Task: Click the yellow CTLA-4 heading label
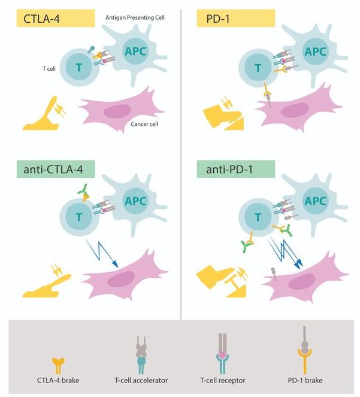coord(56,18)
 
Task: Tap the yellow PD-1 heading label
coord(236,18)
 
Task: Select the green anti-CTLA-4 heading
coord(56,169)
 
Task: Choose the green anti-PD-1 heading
coord(236,169)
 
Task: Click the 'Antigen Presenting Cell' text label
coord(135,18)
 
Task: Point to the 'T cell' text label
coord(49,68)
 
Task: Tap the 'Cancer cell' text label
coord(144,124)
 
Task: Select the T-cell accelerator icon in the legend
coord(141,355)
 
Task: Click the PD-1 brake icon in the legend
coord(305,350)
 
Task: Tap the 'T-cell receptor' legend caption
coord(223,380)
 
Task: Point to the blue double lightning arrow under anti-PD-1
coord(286,253)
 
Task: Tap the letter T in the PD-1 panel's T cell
coord(258,68)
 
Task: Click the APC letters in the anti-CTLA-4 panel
coord(135,201)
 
